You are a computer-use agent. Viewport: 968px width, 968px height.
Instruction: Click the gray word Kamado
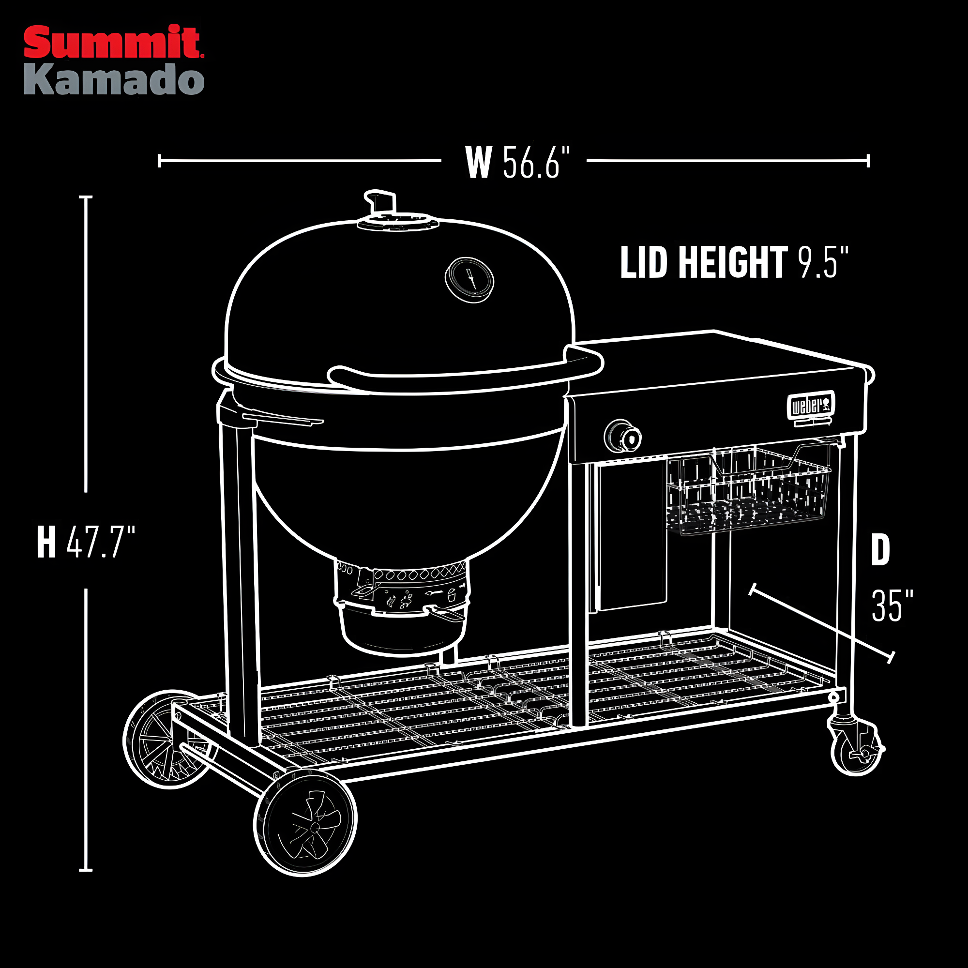pos(114,80)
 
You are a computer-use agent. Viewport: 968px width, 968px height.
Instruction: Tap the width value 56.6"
pos(536,162)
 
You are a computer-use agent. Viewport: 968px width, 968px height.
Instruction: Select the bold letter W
pos(479,162)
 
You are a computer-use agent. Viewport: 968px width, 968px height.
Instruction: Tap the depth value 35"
pos(892,606)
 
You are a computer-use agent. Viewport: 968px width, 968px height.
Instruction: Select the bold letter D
pos(880,550)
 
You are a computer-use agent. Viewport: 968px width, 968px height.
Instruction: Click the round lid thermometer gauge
pos(469,280)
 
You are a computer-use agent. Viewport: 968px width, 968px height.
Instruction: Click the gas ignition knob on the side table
pos(623,437)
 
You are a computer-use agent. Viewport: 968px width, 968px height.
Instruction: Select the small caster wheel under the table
pos(856,749)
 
